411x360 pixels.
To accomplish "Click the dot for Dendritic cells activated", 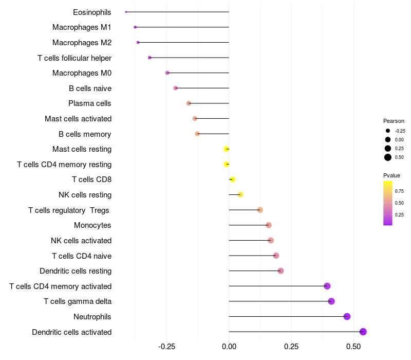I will click(363, 332).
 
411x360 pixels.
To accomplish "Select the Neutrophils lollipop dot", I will click(347, 316).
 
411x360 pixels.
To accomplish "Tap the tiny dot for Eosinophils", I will click(126, 12).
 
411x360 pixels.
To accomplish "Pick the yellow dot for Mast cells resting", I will click(226, 149).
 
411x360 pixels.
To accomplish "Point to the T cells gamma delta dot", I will click(331, 301).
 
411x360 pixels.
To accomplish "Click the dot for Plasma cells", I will click(189, 103).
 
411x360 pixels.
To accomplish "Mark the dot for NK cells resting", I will click(240, 194).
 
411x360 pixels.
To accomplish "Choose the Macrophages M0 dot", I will click(167, 73).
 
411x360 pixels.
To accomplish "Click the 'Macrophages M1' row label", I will click(82, 27).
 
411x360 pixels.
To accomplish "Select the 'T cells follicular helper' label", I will click(74, 58).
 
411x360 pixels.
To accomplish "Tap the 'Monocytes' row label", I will click(92, 225).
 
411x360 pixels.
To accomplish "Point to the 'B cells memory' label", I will click(85, 134).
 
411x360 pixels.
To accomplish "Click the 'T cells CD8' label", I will click(91, 179).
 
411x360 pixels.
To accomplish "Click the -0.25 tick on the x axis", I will click(166, 347).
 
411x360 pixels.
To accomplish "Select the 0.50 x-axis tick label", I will click(353, 347).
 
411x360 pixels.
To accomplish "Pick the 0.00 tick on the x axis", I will click(229, 347).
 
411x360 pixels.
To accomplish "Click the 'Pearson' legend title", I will click(394, 121).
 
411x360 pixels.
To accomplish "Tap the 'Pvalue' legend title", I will click(391, 175).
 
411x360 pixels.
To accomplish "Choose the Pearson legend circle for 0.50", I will click(388, 157).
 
